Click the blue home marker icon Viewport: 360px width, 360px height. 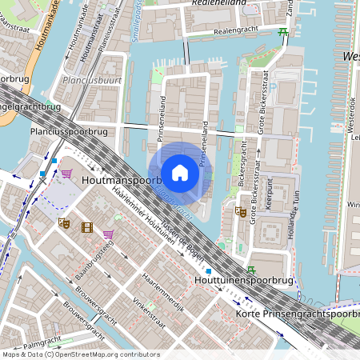(180, 173)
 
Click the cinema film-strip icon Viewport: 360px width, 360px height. (86, 227)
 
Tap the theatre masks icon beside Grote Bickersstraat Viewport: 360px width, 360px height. (239, 211)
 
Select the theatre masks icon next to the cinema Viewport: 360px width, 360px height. (65, 225)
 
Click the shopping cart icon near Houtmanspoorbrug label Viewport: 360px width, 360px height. (66, 173)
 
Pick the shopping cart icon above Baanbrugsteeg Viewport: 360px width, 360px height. (108, 234)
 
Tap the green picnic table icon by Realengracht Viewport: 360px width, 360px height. (283, 32)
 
